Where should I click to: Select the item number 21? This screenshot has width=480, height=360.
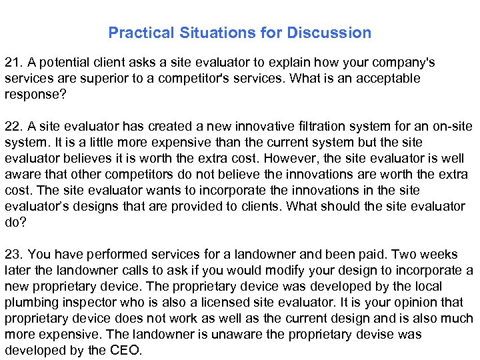pos(13,63)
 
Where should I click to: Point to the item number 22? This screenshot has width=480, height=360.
pos(13,127)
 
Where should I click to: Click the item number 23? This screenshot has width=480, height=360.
pos(13,255)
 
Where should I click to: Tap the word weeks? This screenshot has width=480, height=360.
pos(439,255)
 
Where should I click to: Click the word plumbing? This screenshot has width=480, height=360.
pos(29,303)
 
